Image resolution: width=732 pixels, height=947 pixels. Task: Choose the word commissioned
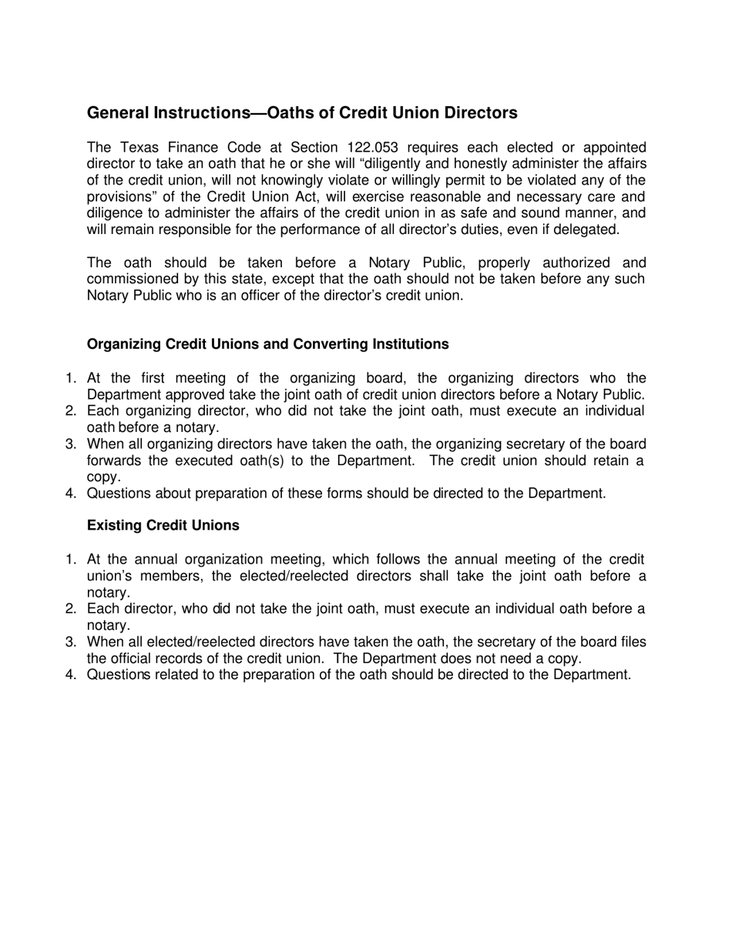tap(132, 279)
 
